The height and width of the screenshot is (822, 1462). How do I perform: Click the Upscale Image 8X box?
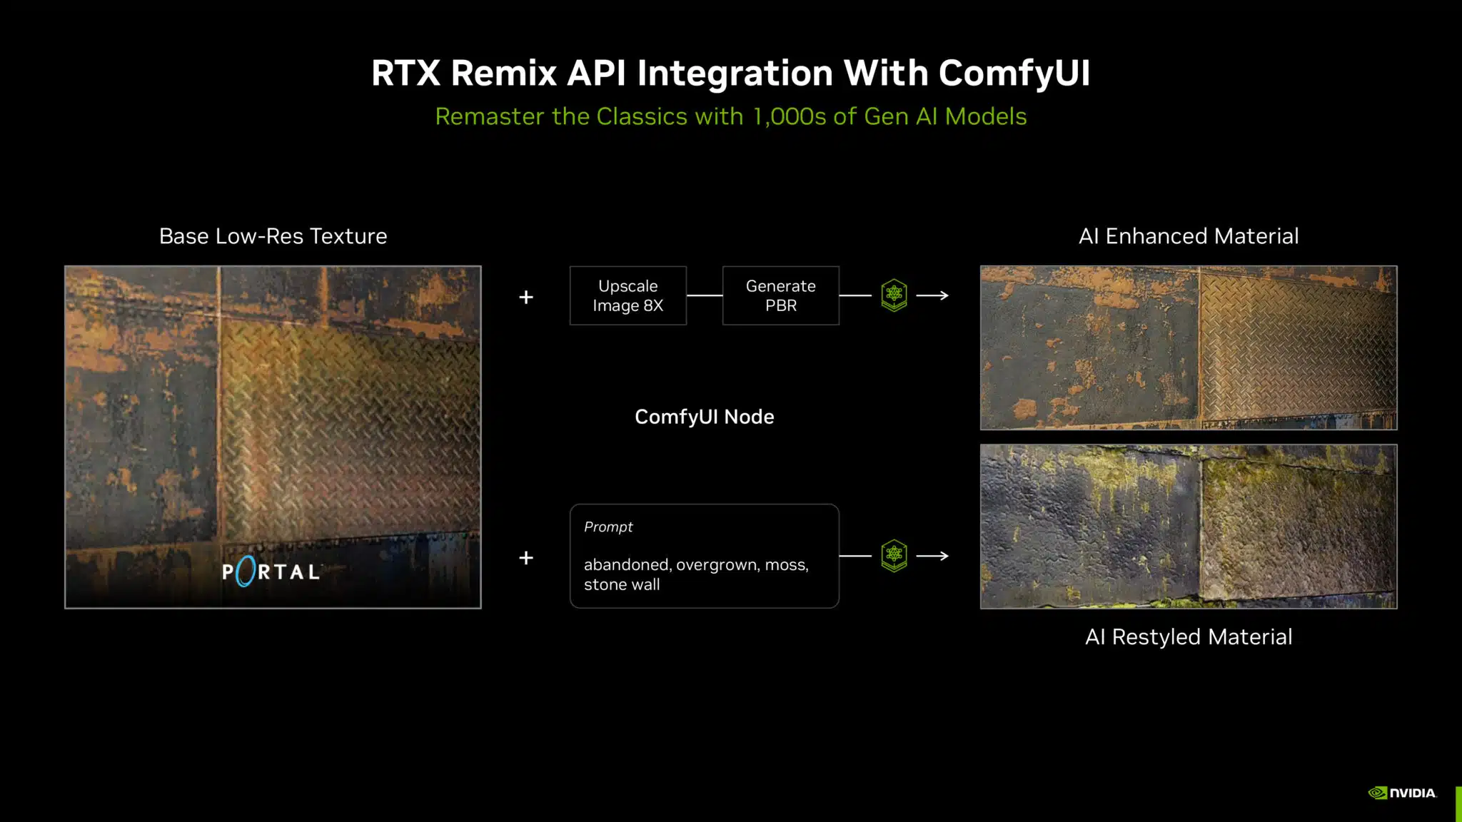click(x=628, y=295)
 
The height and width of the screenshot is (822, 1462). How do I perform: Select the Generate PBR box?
click(x=781, y=295)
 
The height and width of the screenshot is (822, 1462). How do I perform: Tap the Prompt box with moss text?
click(x=705, y=556)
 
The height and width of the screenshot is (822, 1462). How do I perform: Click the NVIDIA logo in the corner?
click(x=1402, y=793)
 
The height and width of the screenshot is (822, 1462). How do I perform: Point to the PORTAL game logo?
click(x=271, y=572)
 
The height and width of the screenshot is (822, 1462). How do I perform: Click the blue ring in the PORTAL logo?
click(x=246, y=572)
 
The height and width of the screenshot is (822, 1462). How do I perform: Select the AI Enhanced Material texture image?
click(x=1189, y=348)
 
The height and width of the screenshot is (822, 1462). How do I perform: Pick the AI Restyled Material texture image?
click(x=1189, y=527)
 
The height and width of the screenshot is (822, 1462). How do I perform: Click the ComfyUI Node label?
click(x=705, y=417)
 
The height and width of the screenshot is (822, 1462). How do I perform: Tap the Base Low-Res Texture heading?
click(x=273, y=236)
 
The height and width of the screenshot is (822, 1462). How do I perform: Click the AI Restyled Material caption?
click(x=1189, y=636)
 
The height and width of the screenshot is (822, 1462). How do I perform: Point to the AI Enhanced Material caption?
click(x=1189, y=236)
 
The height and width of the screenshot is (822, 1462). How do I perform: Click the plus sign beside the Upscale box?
click(x=526, y=297)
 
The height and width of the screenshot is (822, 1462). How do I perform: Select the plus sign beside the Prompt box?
click(x=526, y=557)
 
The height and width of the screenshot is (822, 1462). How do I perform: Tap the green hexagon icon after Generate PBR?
click(x=894, y=295)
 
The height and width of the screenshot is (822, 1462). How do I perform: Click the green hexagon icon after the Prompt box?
click(x=894, y=555)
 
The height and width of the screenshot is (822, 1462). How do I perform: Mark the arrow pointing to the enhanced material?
click(x=932, y=295)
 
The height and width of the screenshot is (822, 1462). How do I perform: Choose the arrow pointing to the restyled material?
click(x=932, y=555)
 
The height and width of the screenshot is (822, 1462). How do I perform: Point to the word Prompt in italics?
click(x=608, y=527)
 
